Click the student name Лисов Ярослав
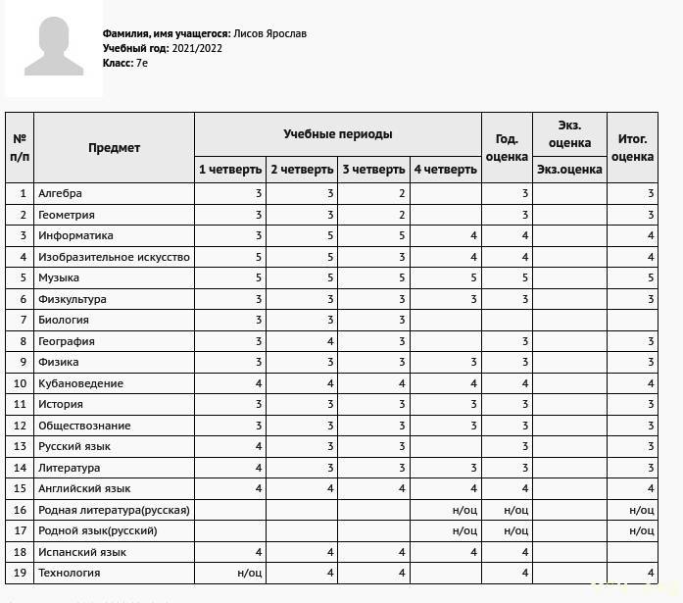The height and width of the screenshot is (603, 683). point(270,33)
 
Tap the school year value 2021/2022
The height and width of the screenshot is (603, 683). point(197,48)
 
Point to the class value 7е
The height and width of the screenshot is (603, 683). point(142,63)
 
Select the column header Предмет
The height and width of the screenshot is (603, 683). point(114,148)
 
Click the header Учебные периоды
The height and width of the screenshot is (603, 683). point(338,133)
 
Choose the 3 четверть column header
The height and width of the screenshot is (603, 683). point(373,170)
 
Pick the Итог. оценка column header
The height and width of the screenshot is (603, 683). point(632,148)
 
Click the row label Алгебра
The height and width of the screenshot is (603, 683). point(60,193)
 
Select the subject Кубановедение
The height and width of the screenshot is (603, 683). point(80,383)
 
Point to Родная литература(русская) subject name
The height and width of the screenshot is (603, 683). point(114,510)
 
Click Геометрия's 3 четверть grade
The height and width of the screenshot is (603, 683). point(402,215)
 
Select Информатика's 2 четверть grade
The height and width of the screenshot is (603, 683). point(330,235)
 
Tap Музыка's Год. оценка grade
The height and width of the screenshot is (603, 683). point(525,277)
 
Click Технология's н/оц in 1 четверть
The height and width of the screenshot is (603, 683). point(250,573)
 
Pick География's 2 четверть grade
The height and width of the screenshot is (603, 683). point(330,341)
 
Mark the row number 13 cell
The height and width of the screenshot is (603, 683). point(20,446)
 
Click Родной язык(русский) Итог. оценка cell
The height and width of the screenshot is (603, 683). point(642,530)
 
